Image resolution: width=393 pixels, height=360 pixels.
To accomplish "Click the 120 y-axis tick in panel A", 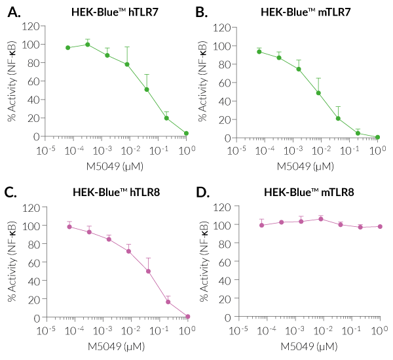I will [29, 26].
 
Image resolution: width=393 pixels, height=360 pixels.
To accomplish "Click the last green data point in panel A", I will [187, 133].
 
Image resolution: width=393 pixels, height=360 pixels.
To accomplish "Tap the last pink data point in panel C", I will [187, 317].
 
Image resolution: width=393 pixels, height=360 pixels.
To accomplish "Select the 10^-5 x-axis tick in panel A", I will [47, 150].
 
